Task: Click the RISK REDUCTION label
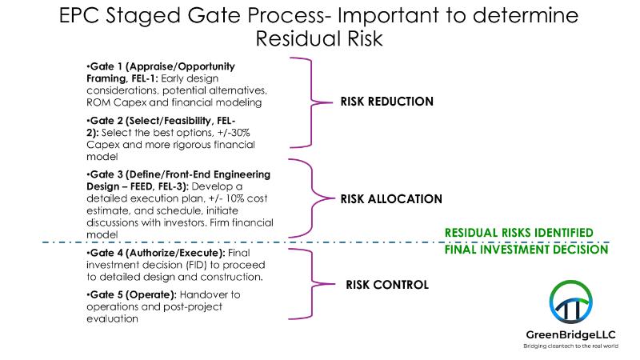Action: pos(387,102)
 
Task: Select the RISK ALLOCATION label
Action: pos(391,199)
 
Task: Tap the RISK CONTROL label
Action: pos(387,285)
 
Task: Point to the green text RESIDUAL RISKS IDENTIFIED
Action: pos(518,233)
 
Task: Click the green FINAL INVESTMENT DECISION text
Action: pos(526,250)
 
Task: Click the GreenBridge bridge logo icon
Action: pos(570,302)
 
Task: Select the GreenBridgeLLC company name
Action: pos(570,334)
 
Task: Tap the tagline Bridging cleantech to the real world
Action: pos(570,346)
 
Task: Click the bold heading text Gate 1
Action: pos(106,66)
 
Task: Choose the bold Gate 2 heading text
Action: pos(106,121)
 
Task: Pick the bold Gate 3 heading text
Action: pos(106,174)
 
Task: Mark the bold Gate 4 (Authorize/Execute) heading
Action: pos(157,253)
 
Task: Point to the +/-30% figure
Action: pos(234,133)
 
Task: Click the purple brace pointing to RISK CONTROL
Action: pos(313,284)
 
